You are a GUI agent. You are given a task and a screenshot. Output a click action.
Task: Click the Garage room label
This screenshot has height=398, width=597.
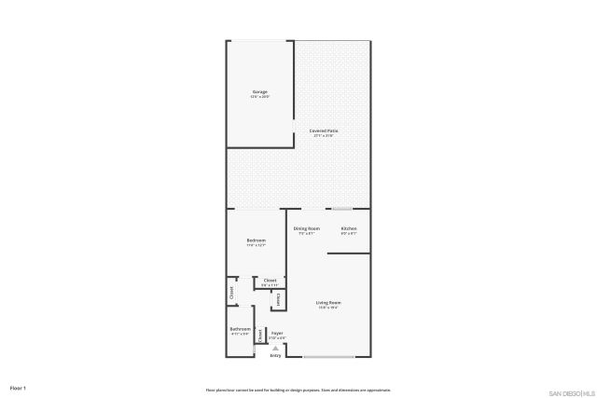click(x=260, y=91)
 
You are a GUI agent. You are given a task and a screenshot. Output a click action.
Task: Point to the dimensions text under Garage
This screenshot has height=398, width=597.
click(x=260, y=97)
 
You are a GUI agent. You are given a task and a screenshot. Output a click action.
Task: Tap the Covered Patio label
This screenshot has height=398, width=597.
click(x=324, y=130)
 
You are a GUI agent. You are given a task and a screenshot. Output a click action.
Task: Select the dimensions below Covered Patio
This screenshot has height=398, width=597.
click(x=324, y=136)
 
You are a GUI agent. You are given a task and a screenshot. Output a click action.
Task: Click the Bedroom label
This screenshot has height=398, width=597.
click(x=257, y=240)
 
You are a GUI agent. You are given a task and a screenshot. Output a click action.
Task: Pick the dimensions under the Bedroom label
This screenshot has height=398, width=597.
click(x=257, y=246)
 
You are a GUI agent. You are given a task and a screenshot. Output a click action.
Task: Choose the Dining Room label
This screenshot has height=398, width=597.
click(x=307, y=228)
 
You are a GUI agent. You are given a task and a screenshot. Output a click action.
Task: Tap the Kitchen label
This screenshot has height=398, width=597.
click(x=349, y=228)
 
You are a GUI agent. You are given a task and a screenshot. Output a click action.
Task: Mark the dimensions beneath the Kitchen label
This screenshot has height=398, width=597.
click(x=349, y=234)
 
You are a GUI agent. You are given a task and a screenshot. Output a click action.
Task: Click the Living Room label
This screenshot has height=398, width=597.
click(x=328, y=303)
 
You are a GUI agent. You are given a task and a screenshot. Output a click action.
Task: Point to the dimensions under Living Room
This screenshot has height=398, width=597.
click(x=328, y=309)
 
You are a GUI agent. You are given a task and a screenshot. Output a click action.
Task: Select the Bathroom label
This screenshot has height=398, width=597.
click(x=240, y=329)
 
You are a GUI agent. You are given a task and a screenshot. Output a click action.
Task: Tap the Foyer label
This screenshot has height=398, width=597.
click(x=277, y=333)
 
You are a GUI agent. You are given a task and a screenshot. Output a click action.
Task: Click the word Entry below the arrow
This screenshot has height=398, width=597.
click(x=275, y=356)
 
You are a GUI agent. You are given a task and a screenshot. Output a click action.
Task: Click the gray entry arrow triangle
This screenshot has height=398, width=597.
click(x=275, y=348)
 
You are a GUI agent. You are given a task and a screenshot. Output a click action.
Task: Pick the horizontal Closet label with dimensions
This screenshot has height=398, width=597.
click(x=270, y=281)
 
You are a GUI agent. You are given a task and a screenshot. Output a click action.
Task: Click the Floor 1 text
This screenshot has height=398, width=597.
click(x=18, y=387)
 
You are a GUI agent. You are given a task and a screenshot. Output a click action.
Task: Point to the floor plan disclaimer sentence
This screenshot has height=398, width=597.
click(x=298, y=390)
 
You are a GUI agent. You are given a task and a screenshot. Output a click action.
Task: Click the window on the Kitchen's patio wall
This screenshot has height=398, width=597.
click(x=343, y=209)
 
